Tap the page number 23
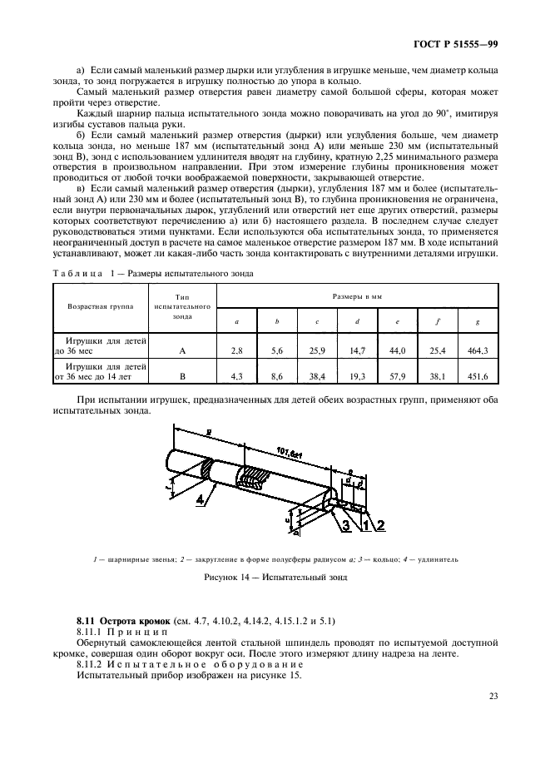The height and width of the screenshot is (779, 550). click(x=493, y=696)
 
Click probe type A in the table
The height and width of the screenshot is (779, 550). click(x=182, y=351)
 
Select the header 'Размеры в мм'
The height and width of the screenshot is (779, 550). click(x=356, y=296)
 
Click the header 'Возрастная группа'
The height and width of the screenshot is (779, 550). click(x=101, y=305)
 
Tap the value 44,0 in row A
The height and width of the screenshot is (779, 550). click(x=397, y=351)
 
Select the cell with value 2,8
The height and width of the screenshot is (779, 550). click(x=236, y=351)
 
